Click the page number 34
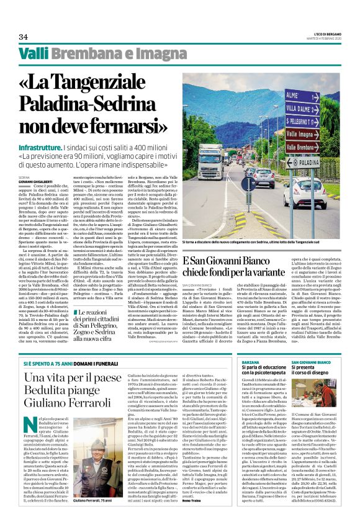[x=24, y=37]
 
